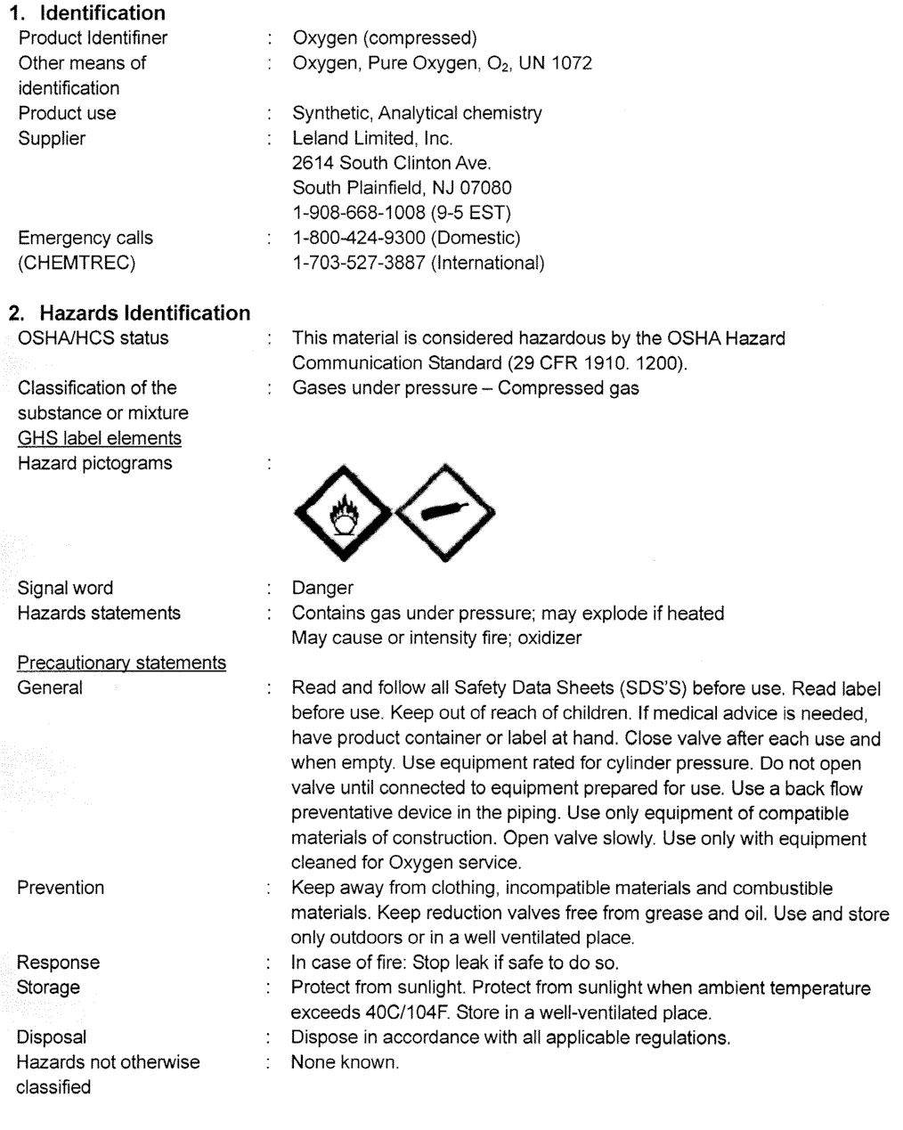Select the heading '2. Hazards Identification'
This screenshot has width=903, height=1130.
tap(129, 313)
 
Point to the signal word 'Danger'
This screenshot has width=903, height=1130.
tap(322, 588)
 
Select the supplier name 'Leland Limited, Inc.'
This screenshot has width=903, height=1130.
tap(372, 138)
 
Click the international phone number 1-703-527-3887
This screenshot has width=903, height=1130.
tap(360, 263)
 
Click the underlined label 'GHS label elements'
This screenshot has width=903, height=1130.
tap(99, 438)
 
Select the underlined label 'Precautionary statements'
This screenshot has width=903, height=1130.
tap(121, 663)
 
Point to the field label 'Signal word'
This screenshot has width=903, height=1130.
tap(65, 588)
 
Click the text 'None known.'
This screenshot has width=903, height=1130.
tap(346, 1062)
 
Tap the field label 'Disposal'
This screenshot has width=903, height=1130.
tap(52, 1037)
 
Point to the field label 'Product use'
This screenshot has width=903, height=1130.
tap(67, 113)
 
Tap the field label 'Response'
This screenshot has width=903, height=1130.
tap(58, 963)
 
